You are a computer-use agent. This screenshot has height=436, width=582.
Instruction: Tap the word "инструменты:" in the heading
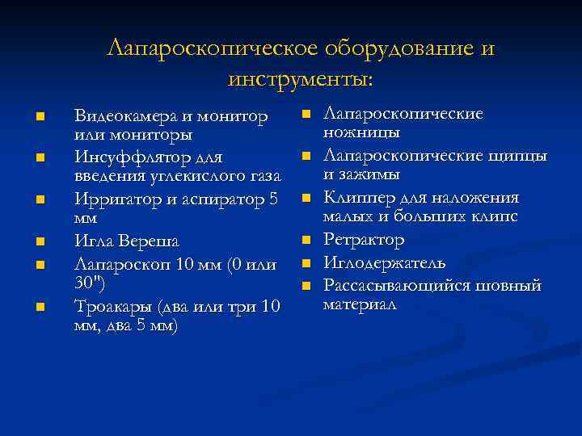click(301, 79)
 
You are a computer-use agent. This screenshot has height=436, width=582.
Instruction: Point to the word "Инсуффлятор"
click(125, 157)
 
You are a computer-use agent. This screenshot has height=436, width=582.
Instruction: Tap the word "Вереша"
click(151, 241)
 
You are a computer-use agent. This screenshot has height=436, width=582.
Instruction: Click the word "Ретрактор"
click(364, 239)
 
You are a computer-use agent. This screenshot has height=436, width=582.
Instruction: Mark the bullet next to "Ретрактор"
click(307, 239)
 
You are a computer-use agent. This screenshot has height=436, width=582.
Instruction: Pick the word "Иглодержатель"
click(384, 262)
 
